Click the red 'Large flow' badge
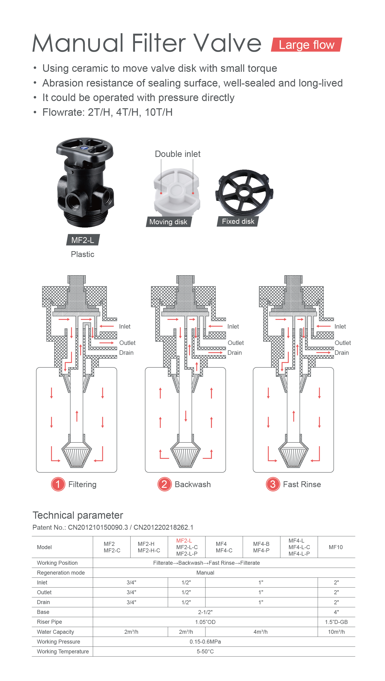tap(306, 45)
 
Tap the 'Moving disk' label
tap(168, 221)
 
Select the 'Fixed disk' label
tap(238, 221)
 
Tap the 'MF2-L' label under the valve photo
tap(83, 240)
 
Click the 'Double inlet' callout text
tap(178, 154)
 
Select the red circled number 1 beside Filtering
tap(58, 484)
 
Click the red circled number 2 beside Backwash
tap(164, 484)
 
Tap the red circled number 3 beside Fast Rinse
tap(273, 484)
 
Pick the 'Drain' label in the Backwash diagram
tap(235, 353)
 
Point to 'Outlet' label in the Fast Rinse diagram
tap(343, 343)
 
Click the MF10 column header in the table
tap(336, 547)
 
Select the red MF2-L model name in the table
tap(184, 541)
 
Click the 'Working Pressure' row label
tap(58, 642)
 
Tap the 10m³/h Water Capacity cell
tap(336, 632)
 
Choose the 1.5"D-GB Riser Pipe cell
tap(336, 622)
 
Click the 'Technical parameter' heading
tap(78, 515)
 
